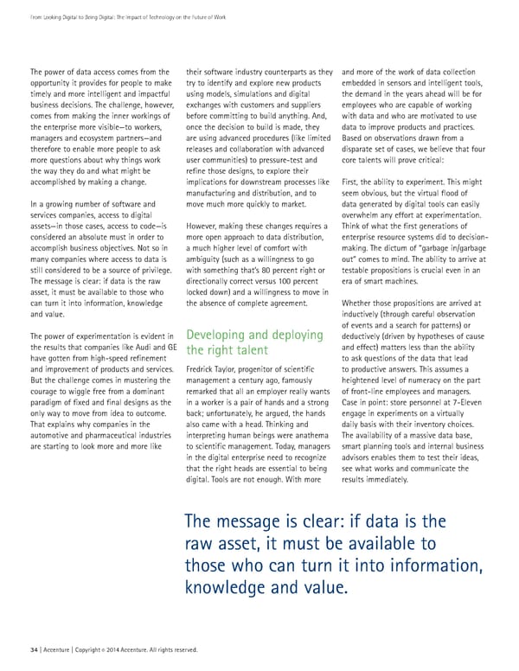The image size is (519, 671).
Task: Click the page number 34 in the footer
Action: pyautogui.click(x=34, y=649)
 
